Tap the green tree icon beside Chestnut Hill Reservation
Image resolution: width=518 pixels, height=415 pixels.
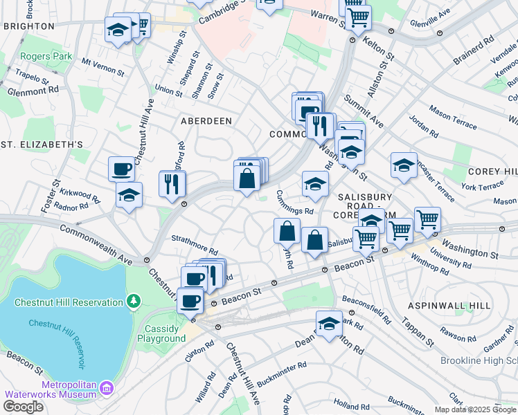[x=133, y=302]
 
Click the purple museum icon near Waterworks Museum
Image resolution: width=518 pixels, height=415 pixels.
[x=106, y=388]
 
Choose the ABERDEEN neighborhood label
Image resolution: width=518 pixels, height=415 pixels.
[x=206, y=121]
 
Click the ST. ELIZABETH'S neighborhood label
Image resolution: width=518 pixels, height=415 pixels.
[x=42, y=144]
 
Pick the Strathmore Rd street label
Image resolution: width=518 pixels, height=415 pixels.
[x=195, y=244]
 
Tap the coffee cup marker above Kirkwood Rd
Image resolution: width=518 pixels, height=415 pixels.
[x=122, y=169]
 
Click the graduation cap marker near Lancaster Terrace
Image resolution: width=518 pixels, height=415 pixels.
[x=404, y=165]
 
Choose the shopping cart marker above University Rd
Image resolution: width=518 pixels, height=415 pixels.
[x=427, y=220]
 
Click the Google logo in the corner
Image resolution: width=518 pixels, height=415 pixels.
[x=23, y=407]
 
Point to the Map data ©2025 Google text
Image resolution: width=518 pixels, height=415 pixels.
[x=474, y=409]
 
